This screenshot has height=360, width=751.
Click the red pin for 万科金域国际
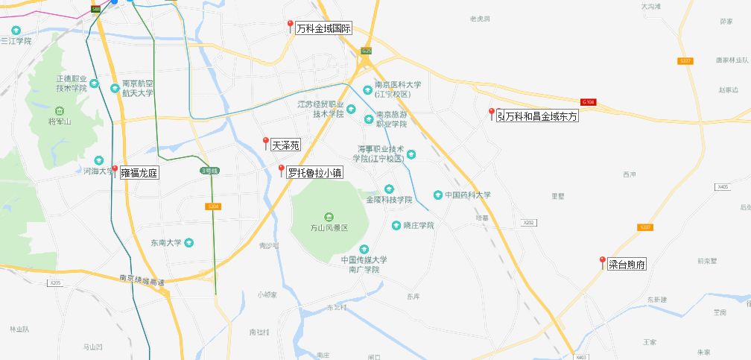[x=290, y=26]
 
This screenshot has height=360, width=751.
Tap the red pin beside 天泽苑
[x=265, y=142]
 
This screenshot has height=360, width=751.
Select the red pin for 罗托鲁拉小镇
[x=281, y=171]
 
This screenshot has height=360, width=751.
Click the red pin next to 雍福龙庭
[x=114, y=171]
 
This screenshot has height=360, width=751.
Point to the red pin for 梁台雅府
[x=602, y=262]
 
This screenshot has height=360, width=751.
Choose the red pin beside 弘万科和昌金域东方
[x=491, y=113]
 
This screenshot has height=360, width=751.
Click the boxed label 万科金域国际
[x=323, y=29]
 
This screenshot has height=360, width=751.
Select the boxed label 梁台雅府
[x=626, y=264]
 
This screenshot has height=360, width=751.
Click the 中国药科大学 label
[x=467, y=195]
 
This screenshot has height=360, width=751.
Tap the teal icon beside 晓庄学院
[x=396, y=225]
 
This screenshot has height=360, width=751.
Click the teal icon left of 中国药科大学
[x=437, y=195]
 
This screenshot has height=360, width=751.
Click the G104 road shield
[x=588, y=101]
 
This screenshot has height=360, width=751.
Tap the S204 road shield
[x=213, y=206]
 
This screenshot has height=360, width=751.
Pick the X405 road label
[x=721, y=187]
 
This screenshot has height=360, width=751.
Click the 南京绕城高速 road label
[x=142, y=280]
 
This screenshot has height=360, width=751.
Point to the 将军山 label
[x=59, y=121]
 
